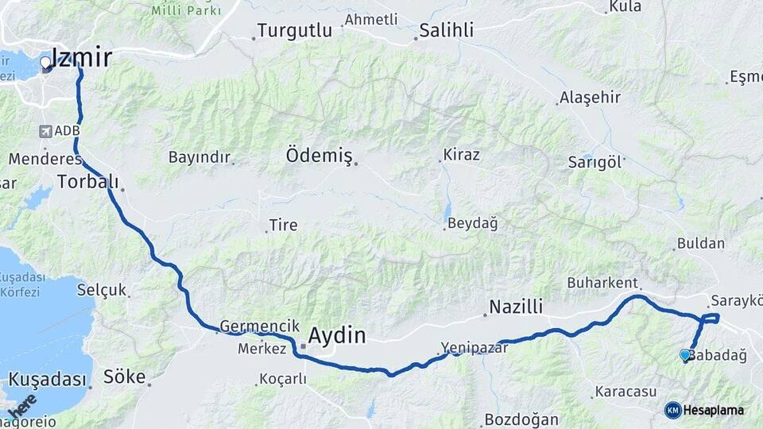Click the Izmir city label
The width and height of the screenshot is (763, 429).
80,57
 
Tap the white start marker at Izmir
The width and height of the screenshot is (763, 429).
45,61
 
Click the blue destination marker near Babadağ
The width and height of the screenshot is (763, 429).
685,355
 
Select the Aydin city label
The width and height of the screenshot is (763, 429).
337,335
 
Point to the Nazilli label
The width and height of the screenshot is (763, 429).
515,307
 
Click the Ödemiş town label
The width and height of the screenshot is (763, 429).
319,156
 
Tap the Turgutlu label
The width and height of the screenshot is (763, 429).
293,32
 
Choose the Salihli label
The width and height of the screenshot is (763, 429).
446,31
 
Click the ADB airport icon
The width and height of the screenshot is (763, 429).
45,131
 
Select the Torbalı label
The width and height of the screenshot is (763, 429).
87,182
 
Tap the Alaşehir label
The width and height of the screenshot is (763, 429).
590,98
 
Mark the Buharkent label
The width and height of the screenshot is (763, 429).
602,283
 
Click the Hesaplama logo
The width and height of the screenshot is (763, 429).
705,410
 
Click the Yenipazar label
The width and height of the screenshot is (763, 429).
474,347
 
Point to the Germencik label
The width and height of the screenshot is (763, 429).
259,326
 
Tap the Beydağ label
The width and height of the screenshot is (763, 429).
472,224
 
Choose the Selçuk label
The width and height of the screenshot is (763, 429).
101,290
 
